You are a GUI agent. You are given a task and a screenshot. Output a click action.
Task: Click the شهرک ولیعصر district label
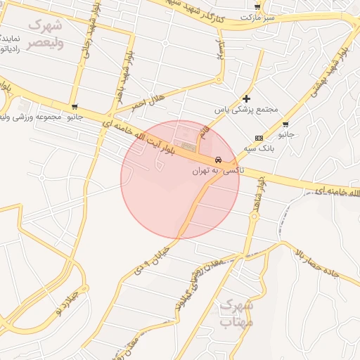[45, 34]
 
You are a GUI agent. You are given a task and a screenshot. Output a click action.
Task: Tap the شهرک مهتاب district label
[236, 314]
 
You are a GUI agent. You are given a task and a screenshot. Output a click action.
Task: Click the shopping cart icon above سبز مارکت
[257, 5]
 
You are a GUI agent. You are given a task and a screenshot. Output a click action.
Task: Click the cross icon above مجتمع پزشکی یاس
[246, 99]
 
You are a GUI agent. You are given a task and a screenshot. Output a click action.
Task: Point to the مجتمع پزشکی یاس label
[247, 110]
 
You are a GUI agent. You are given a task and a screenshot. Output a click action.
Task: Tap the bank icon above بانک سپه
[259, 137]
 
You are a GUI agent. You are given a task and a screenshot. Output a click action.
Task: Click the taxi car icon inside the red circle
[219, 160]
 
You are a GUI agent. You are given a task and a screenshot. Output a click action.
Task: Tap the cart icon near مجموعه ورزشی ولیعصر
[75, 106]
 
